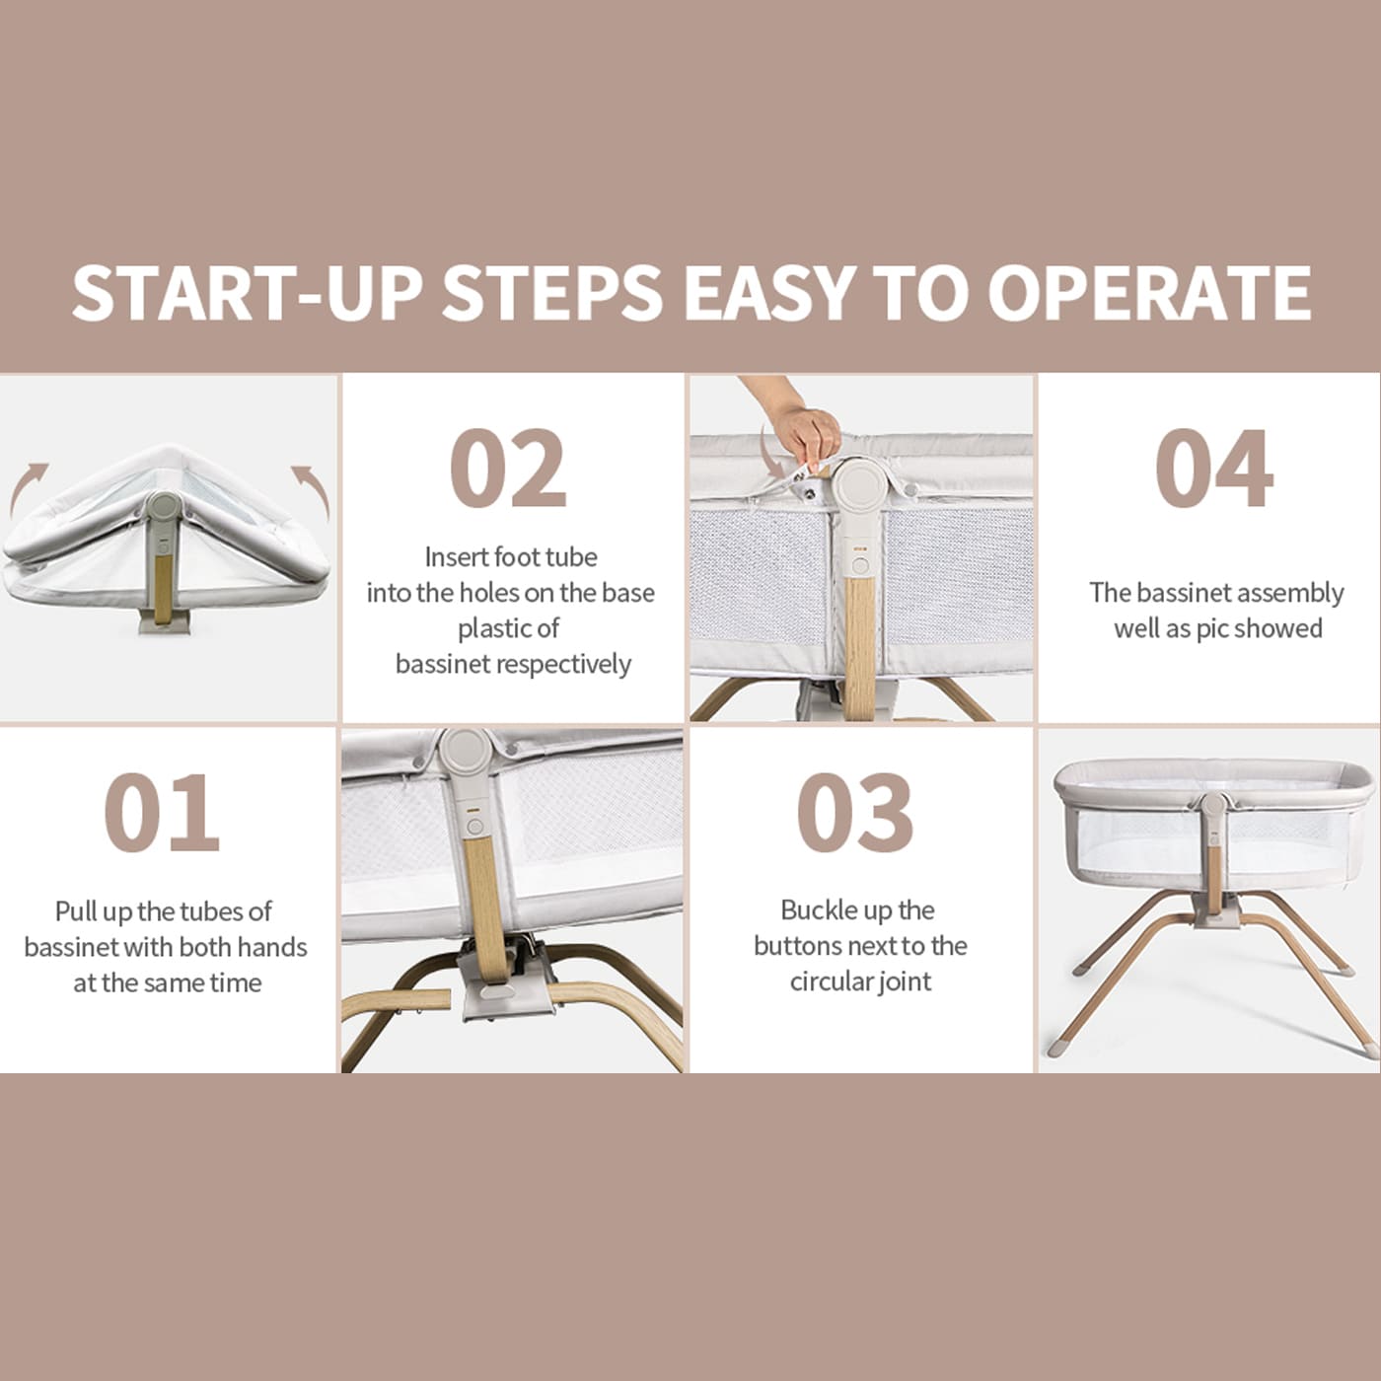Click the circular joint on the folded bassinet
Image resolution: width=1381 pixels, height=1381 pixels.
click(x=164, y=504)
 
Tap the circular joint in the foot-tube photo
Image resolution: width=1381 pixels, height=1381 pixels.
click(x=466, y=754)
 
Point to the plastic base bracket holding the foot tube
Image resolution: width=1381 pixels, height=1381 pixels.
click(x=508, y=982)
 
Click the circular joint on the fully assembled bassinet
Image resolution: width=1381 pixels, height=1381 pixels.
click(x=1213, y=806)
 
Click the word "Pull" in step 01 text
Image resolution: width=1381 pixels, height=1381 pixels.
click(x=75, y=910)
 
